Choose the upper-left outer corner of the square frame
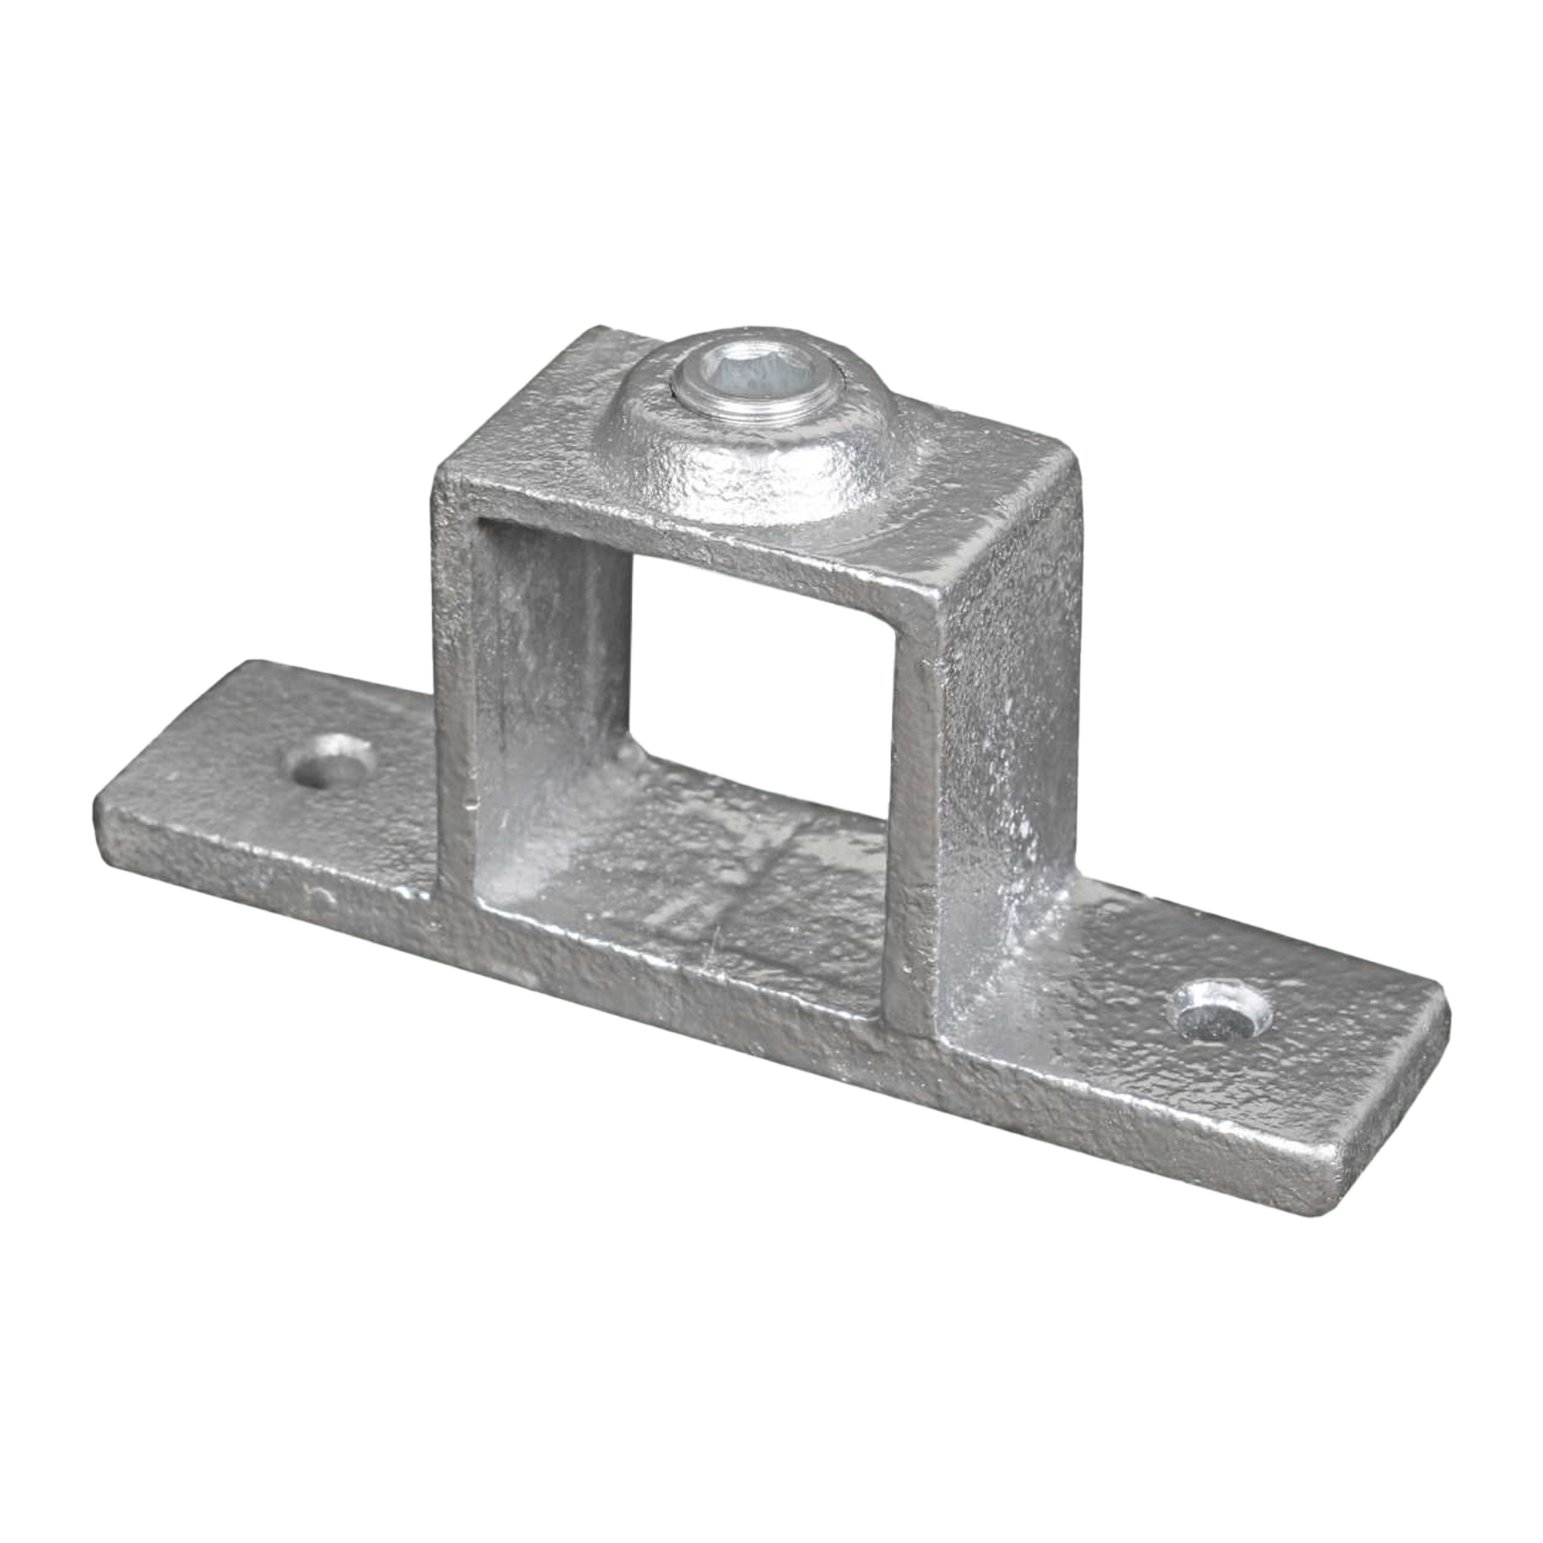435,471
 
